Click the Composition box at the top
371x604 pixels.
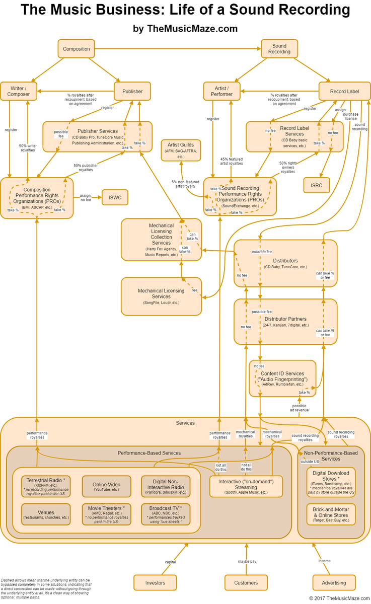(76, 49)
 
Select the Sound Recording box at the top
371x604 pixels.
(279, 49)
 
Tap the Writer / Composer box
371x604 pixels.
(18, 91)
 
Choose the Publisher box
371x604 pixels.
(132, 91)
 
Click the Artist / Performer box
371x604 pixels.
(221, 91)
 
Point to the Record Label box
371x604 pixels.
(344, 91)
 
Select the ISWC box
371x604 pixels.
(115, 197)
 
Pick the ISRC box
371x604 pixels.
(316, 185)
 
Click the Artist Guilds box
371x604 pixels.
(181, 150)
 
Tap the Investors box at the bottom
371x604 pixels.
(155, 582)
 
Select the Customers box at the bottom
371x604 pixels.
(246, 582)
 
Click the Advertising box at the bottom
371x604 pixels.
(334, 582)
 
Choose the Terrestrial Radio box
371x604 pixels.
(46, 486)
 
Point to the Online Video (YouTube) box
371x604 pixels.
(106, 486)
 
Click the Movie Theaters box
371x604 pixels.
(106, 514)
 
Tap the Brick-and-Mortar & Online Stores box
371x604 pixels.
(331, 514)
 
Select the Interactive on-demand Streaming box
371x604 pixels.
(246, 486)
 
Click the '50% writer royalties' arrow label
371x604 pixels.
(27, 147)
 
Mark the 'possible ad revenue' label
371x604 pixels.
(299, 408)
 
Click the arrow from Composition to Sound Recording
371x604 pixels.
(176, 49)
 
